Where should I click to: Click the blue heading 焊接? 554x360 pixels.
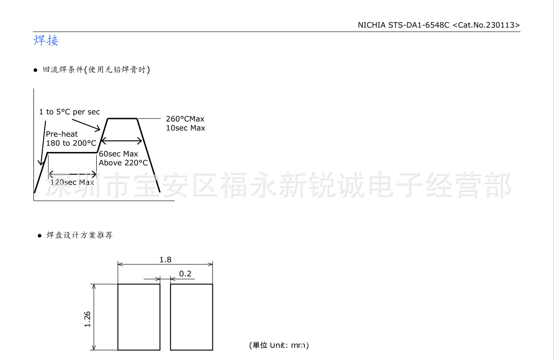46,40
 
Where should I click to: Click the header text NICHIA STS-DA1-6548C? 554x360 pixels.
403,25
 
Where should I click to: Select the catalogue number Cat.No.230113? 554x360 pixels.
486,25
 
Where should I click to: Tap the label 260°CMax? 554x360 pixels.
185,119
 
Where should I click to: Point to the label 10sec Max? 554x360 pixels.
185,128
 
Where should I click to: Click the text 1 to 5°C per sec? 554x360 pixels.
69,112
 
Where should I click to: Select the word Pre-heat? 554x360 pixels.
62,134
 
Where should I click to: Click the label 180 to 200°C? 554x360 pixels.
71,143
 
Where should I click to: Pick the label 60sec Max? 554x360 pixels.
119,154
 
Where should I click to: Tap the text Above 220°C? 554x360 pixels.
123,163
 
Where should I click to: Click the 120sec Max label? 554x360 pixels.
72,182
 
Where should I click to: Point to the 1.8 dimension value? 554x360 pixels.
165,260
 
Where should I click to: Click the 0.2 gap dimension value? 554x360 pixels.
185,274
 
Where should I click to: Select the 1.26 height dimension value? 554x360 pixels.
87,319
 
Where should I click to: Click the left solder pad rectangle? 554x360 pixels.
139,317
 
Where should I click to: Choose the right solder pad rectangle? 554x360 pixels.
191,317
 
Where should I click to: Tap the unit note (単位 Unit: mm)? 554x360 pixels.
279,345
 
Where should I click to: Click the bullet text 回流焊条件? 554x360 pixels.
63,70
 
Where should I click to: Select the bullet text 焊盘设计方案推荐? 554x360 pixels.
79,235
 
